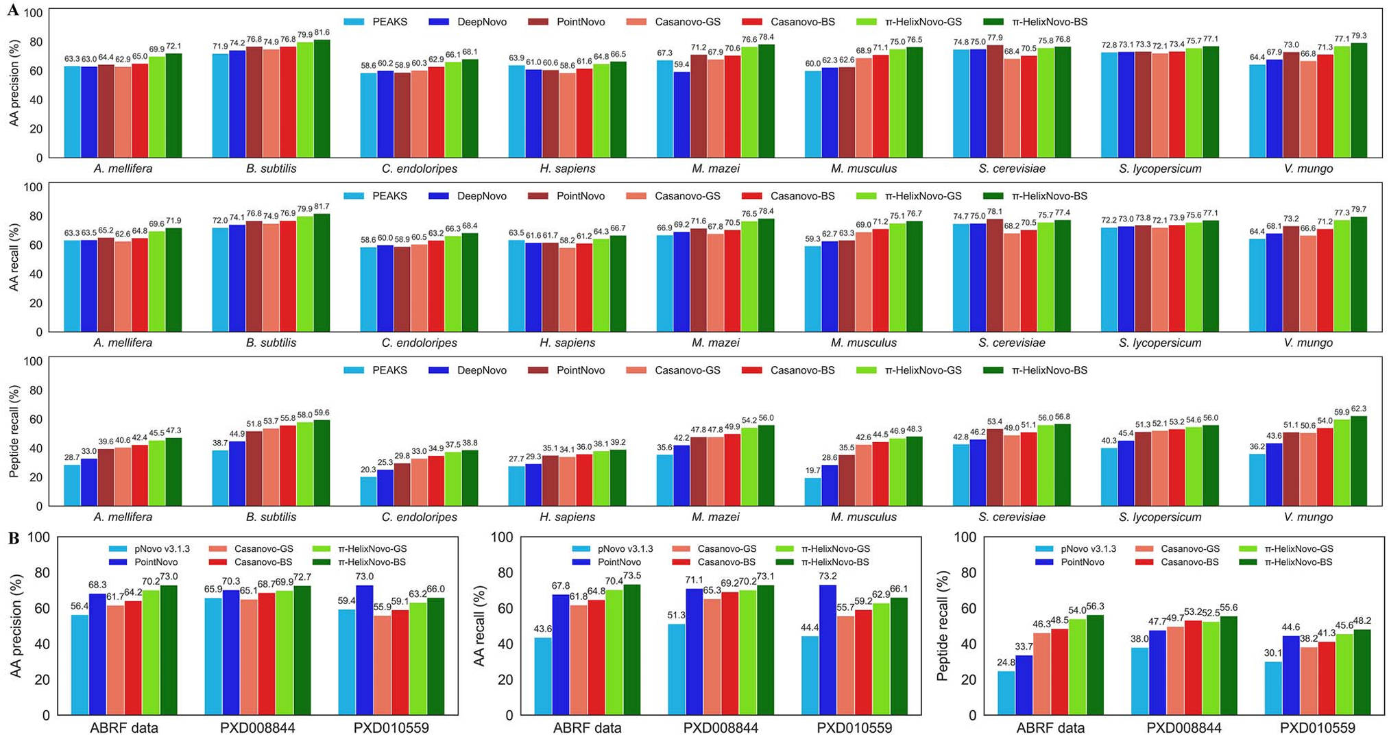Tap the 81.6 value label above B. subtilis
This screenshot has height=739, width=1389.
322,32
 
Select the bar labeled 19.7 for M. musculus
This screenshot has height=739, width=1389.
812,492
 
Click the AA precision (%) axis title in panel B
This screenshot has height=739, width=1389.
16,625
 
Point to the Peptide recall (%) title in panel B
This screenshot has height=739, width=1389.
943,625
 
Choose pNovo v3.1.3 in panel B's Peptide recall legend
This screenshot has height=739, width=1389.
1088,549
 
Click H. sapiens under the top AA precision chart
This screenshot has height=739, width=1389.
567,169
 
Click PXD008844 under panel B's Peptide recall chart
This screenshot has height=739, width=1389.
1184,728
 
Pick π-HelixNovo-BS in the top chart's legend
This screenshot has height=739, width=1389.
1049,22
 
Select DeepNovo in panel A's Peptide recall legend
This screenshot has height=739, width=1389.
481,370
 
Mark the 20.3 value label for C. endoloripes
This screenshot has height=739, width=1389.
368,470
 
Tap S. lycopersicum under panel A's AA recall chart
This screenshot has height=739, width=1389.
1160,343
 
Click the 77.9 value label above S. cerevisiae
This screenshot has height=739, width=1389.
995,38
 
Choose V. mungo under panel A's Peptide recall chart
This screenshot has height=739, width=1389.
1308,517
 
